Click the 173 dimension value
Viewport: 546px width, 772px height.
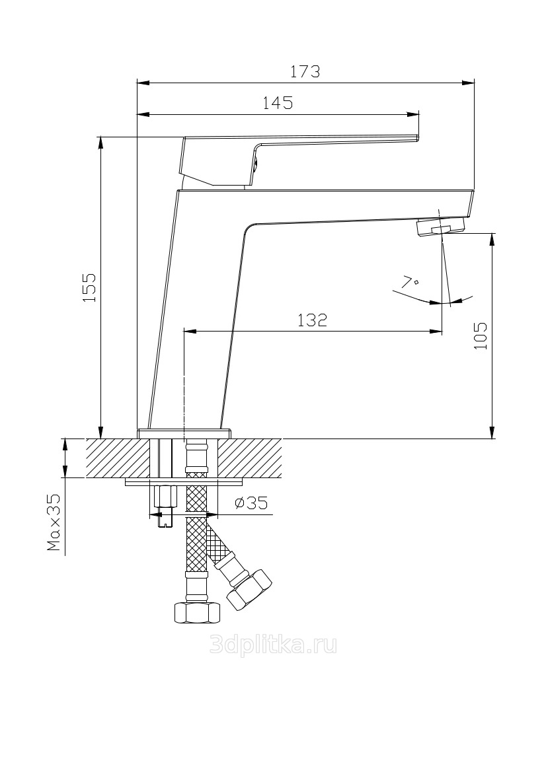pyautogui.click(x=306, y=71)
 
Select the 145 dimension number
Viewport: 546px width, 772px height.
pyautogui.click(x=278, y=103)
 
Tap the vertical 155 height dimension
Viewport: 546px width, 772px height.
pyautogui.click(x=90, y=287)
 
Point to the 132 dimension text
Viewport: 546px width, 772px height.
pyautogui.click(x=312, y=320)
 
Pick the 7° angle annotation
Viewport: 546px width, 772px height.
pyautogui.click(x=410, y=283)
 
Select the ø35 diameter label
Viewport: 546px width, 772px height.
pyautogui.click(x=251, y=503)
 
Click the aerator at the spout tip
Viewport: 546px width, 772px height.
pyautogui.click(x=440, y=228)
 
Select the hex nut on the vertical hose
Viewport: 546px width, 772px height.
pyautogui.click(x=196, y=612)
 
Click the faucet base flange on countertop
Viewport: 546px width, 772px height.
pyautogui.click(x=184, y=433)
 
